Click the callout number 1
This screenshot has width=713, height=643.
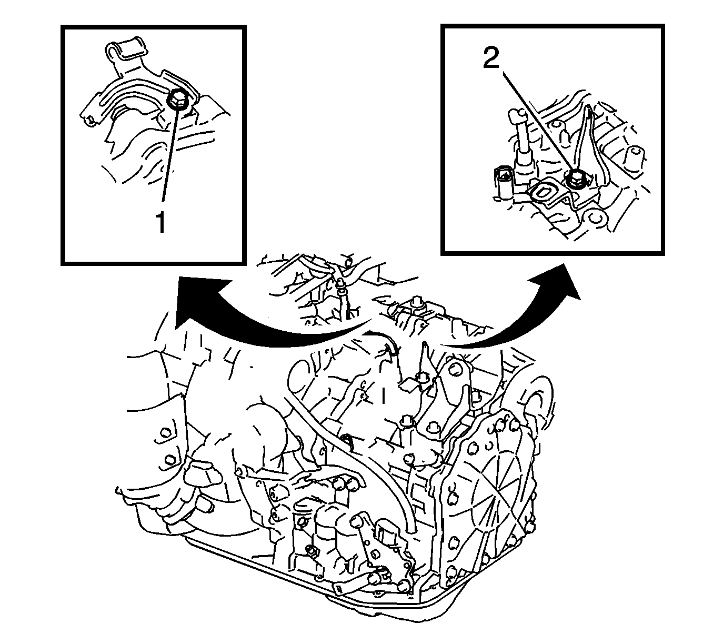(x=161, y=221)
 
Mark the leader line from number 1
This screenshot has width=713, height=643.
(x=169, y=155)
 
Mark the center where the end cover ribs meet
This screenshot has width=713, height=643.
(x=494, y=506)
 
